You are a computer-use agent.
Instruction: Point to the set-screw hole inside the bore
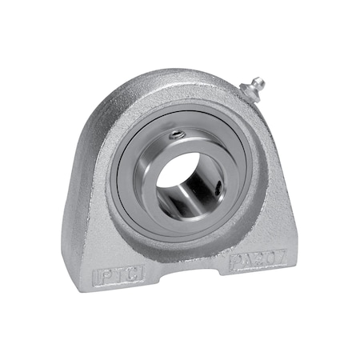click(218, 190)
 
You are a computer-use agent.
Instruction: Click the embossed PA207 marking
click(254, 259)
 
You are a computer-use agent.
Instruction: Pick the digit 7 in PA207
click(271, 254)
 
